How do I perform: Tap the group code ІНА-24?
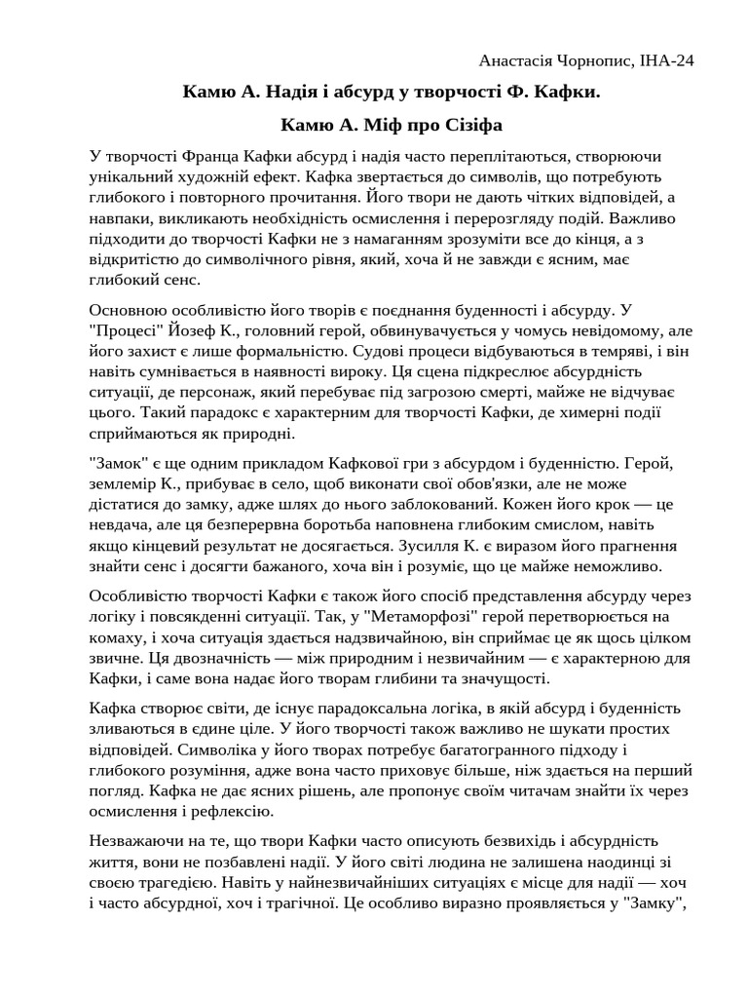click(667, 61)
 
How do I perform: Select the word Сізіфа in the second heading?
click(471, 126)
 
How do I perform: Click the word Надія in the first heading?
click(273, 94)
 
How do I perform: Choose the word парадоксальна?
click(401, 709)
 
